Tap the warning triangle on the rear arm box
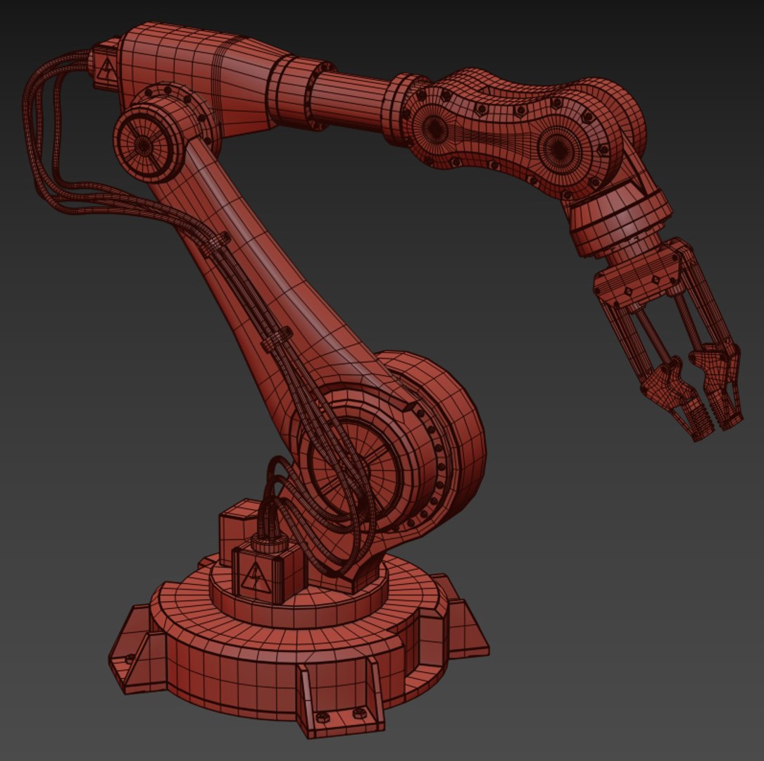coord(106,69)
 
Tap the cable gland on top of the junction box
coord(270,543)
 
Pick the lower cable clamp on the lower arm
coord(277,339)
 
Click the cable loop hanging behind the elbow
coord(42,141)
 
